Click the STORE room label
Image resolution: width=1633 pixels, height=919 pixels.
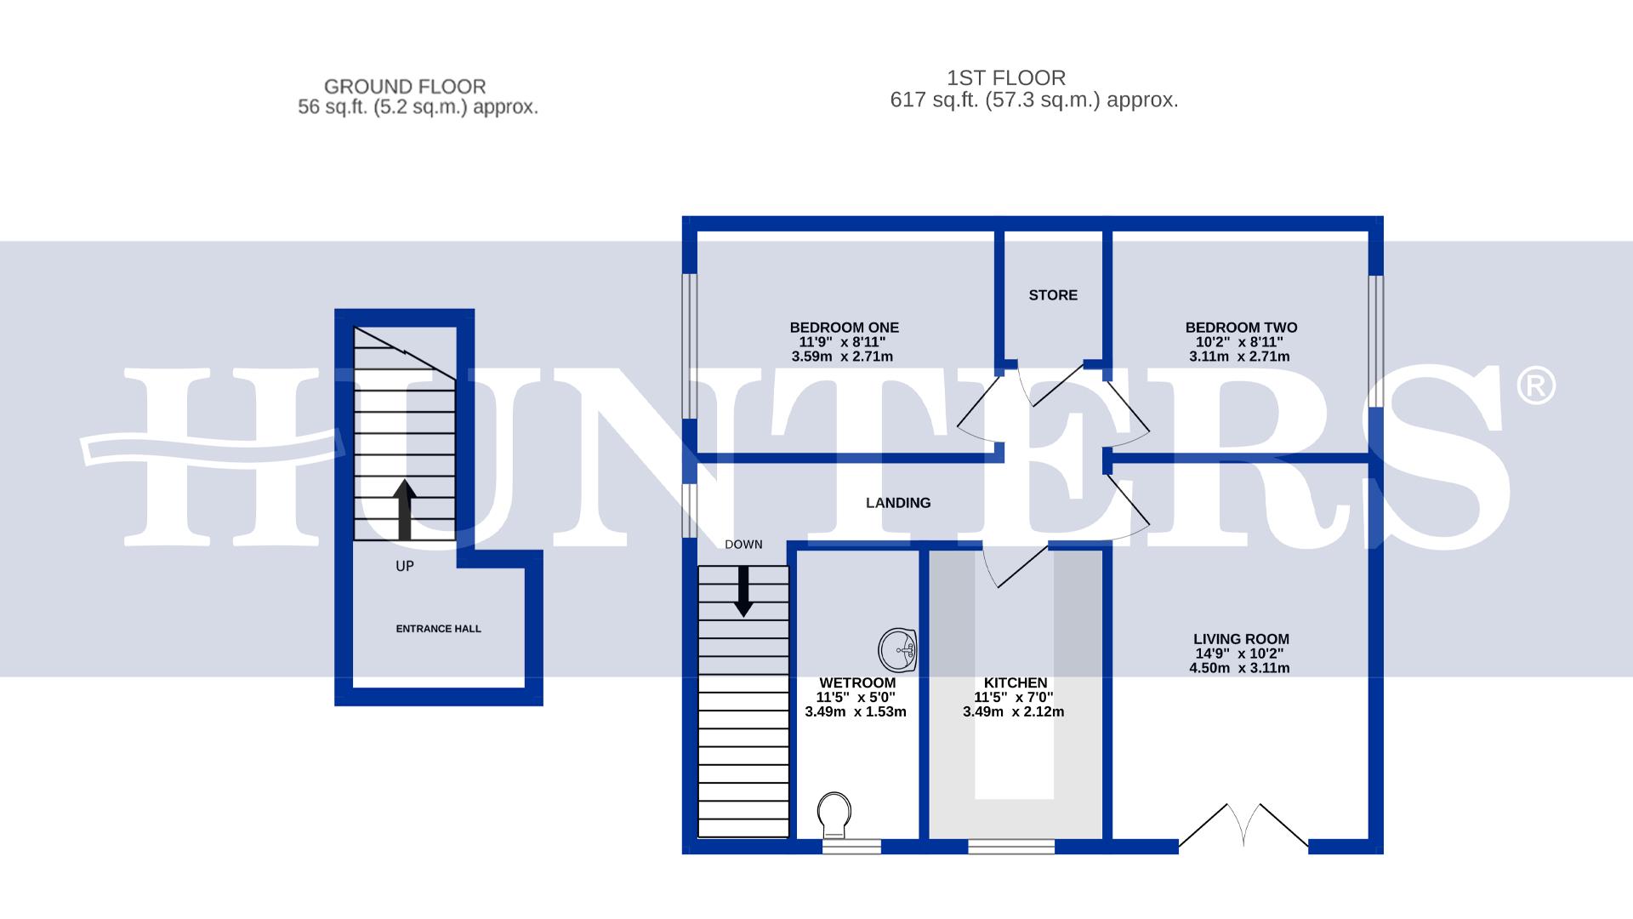point(1052,295)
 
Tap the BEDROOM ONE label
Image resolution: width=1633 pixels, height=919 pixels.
point(844,328)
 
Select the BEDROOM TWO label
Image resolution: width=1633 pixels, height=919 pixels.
point(1241,328)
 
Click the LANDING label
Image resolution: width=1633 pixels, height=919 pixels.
point(898,503)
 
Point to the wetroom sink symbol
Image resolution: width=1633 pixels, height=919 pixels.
point(897,650)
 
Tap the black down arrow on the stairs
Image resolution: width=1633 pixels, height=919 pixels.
point(743,591)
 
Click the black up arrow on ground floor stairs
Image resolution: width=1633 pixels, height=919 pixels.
point(405,509)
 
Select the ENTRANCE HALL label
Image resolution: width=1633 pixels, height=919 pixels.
point(438,629)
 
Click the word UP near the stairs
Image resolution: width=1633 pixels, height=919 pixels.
point(405,566)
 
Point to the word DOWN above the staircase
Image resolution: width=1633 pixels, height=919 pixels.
point(743,545)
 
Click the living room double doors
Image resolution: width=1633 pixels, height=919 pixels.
point(1243,825)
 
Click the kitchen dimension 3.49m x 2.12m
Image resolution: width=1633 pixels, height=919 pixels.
point(1013,712)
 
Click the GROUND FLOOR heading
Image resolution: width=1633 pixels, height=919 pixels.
point(405,87)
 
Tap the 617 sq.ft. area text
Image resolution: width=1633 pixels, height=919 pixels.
point(1033,100)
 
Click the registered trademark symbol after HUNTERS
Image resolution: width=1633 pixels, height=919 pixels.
point(1535,385)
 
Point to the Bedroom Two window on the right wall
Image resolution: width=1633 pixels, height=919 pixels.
point(1375,340)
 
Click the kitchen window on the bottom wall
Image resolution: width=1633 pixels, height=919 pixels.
point(1011,847)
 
